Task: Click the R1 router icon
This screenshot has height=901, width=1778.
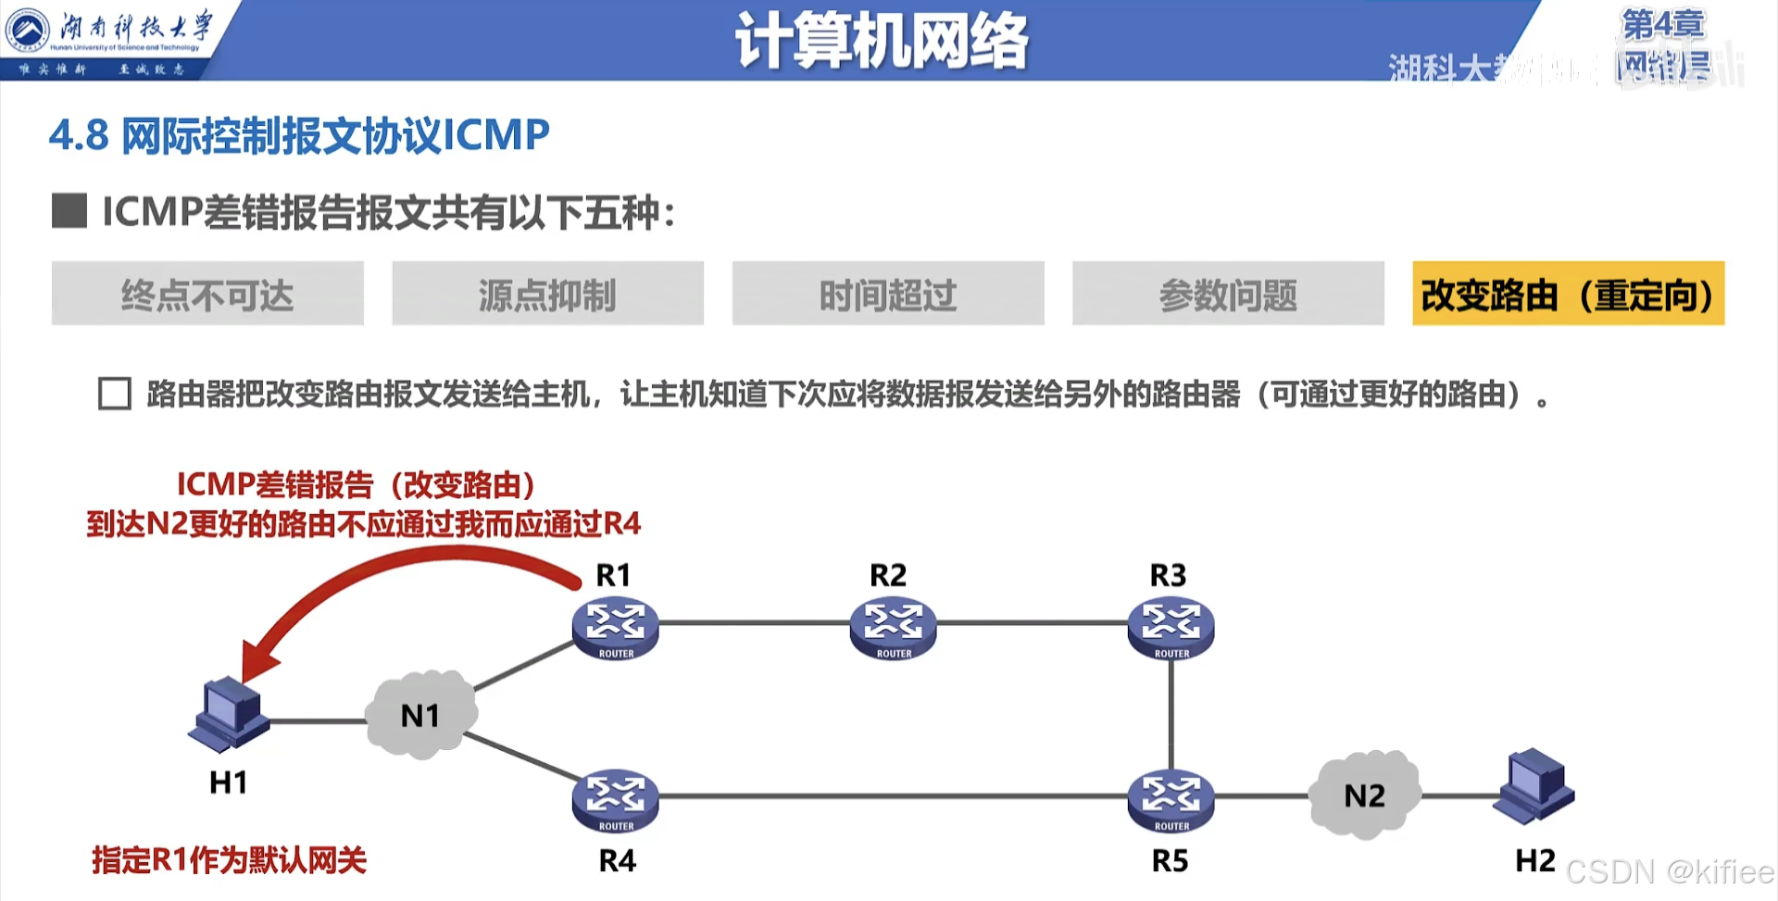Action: tap(615, 626)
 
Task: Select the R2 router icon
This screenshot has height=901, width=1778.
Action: tap(893, 626)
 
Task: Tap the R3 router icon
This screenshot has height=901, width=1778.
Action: tap(1171, 626)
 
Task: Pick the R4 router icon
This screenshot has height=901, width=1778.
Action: tap(615, 799)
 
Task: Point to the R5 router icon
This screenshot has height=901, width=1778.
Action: tap(1171, 799)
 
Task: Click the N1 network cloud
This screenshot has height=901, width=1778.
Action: tap(421, 715)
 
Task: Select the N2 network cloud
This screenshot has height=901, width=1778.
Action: tap(1364, 795)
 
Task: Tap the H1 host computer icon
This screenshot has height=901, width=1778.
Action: tap(228, 715)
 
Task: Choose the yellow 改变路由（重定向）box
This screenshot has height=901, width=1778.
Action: tap(1568, 294)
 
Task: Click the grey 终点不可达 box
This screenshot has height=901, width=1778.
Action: tap(207, 294)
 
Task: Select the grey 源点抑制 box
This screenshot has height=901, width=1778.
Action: tap(547, 294)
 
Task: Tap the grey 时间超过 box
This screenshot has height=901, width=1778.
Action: tap(887, 294)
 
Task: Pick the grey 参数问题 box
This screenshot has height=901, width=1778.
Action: tap(1228, 294)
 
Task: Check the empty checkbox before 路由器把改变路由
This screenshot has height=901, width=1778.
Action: tap(115, 394)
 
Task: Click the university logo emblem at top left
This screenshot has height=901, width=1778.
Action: tap(28, 30)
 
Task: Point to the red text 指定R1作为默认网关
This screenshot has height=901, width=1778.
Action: tap(229, 860)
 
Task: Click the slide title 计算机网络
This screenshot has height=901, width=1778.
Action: tap(881, 41)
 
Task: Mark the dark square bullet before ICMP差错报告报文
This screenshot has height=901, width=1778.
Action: tap(69, 211)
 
